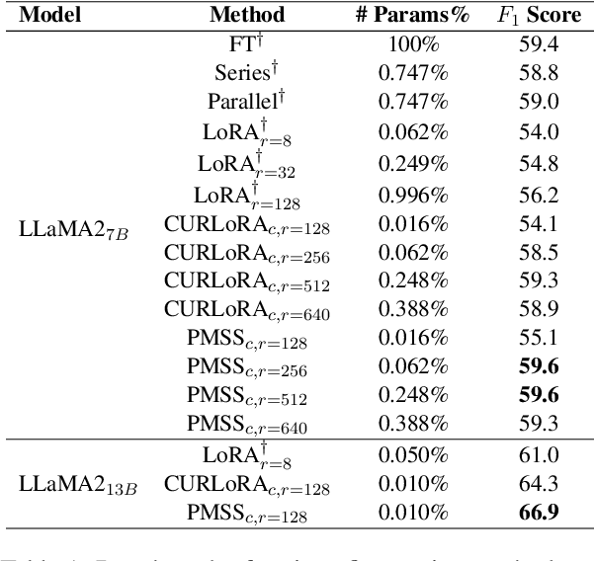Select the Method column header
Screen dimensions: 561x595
tap(247, 15)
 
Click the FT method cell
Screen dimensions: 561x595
tap(246, 44)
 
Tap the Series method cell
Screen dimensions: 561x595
tap(246, 72)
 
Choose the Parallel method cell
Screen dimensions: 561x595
tap(246, 101)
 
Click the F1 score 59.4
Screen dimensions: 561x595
tap(543, 44)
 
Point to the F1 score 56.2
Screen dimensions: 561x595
tap(543, 196)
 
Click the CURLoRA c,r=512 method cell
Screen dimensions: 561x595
tap(246, 282)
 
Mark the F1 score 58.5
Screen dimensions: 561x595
tap(543, 254)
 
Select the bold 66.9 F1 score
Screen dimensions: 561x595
tap(543, 512)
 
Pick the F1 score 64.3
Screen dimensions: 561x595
tap(543, 484)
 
